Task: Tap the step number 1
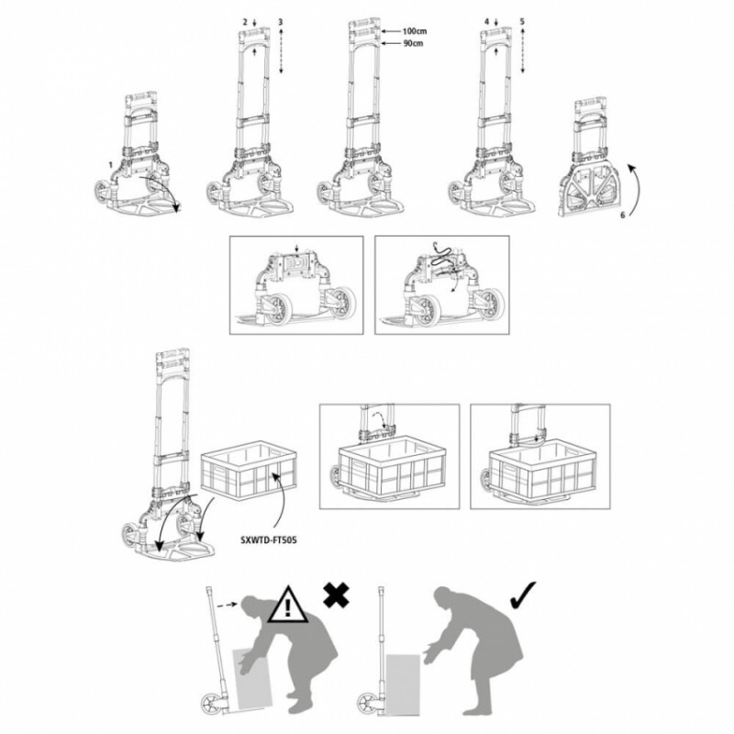(x=110, y=163)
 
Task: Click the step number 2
(x=244, y=20)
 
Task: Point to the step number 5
(x=522, y=20)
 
